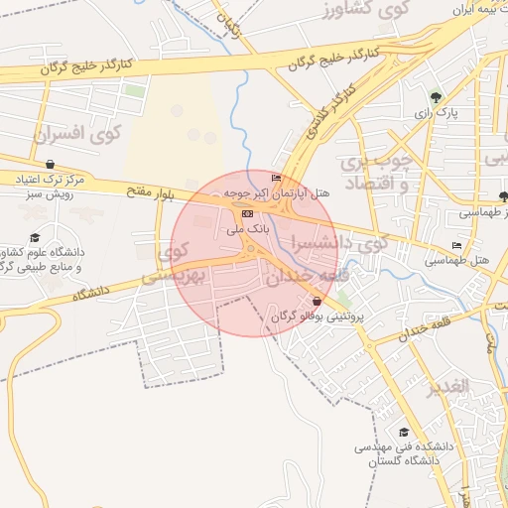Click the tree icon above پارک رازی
pyautogui.click(x=436, y=97)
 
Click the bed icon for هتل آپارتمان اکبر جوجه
pyautogui.click(x=262, y=177)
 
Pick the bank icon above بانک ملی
pyautogui.click(x=247, y=213)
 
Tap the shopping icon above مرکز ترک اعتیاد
pyautogui.click(x=50, y=165)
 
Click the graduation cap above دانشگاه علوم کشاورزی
pyautogui.click(x=35, y=237)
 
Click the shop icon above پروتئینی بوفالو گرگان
pyautogui.click(x=317, y=301)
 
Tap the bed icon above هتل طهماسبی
pyautogui.click(x=456, y=245)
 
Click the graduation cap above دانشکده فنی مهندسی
pyautogui.click(x=403, y=432)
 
